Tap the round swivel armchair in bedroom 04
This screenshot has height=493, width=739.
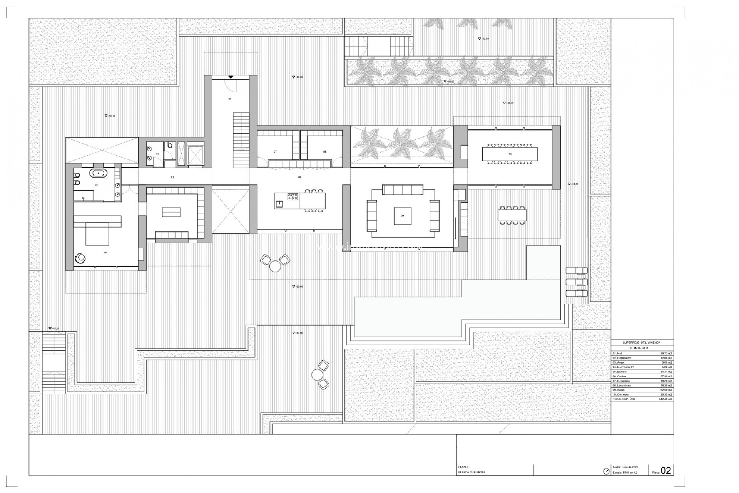click(81, 258)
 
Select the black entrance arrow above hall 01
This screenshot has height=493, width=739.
click(230, 77)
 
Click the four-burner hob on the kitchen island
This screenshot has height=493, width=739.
click(293, 196)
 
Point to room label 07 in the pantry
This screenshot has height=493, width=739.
click(275, 152)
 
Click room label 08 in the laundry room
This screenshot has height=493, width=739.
click(324, 152)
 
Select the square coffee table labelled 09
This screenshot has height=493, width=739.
click(403, 216)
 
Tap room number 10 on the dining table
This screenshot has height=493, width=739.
click(510, 154)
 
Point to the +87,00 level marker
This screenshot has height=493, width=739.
click(298, 333)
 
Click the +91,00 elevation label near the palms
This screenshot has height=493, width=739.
click(449, 82)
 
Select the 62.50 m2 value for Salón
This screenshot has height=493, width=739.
click(667, 390)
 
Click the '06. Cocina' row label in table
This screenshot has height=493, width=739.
click(619, 376)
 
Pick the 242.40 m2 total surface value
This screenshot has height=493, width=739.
click(666, 399)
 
